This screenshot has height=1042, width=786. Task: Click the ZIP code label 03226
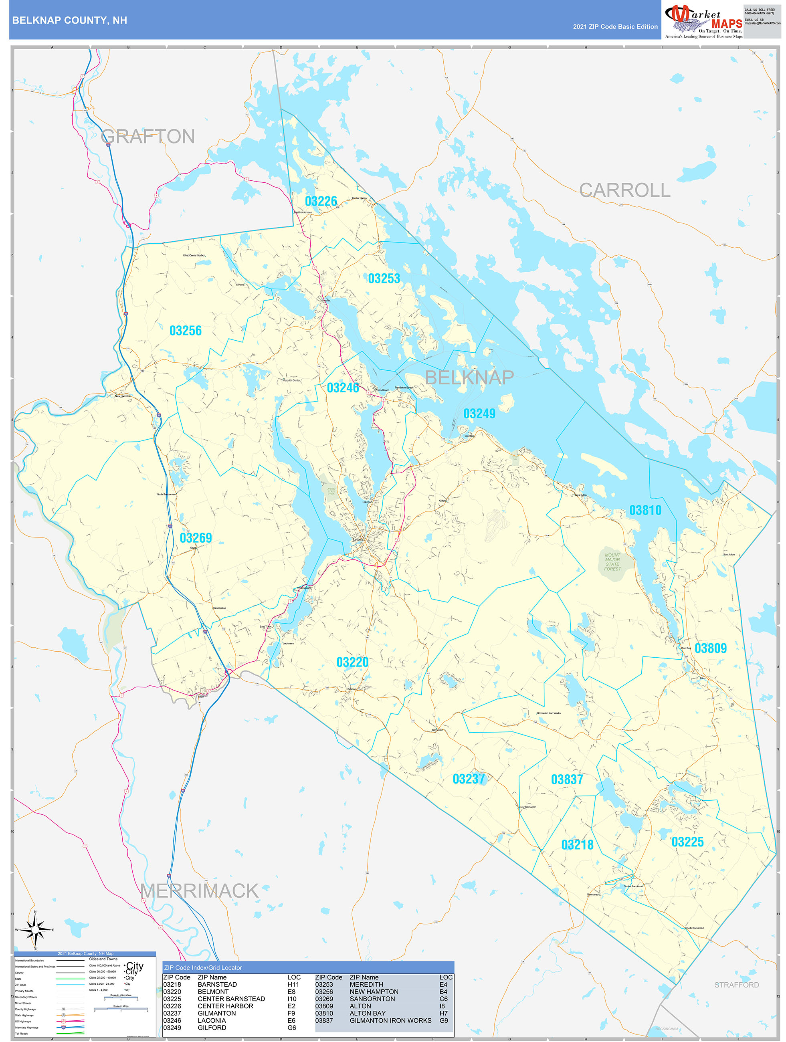pos(321,202)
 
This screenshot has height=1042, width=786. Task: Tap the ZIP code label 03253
pos(384,279)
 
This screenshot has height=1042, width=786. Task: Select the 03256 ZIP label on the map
pos(186,331)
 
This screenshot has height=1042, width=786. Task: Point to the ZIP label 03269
pos(196,538)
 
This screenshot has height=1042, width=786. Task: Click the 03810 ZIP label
pos(645,510)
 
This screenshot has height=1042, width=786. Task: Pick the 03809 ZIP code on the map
pos(711,648)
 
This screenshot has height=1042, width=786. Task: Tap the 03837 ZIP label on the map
pos(567,779)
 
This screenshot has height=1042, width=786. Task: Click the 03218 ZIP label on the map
pos(577,845)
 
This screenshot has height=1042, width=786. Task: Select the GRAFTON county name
pos(148,137)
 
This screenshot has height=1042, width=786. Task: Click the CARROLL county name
pos(624,190)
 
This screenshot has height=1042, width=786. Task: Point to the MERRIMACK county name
pos(199,891)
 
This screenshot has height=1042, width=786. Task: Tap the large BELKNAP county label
pos(469,378)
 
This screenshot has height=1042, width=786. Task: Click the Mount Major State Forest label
pos(612,562)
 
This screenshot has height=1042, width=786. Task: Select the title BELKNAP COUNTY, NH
pos(70,20)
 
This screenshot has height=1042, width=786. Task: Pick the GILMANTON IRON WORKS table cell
pos(390,1020)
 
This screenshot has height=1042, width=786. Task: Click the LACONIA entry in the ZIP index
pos(212,1020)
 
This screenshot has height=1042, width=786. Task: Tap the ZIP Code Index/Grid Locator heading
pos(203,967)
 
